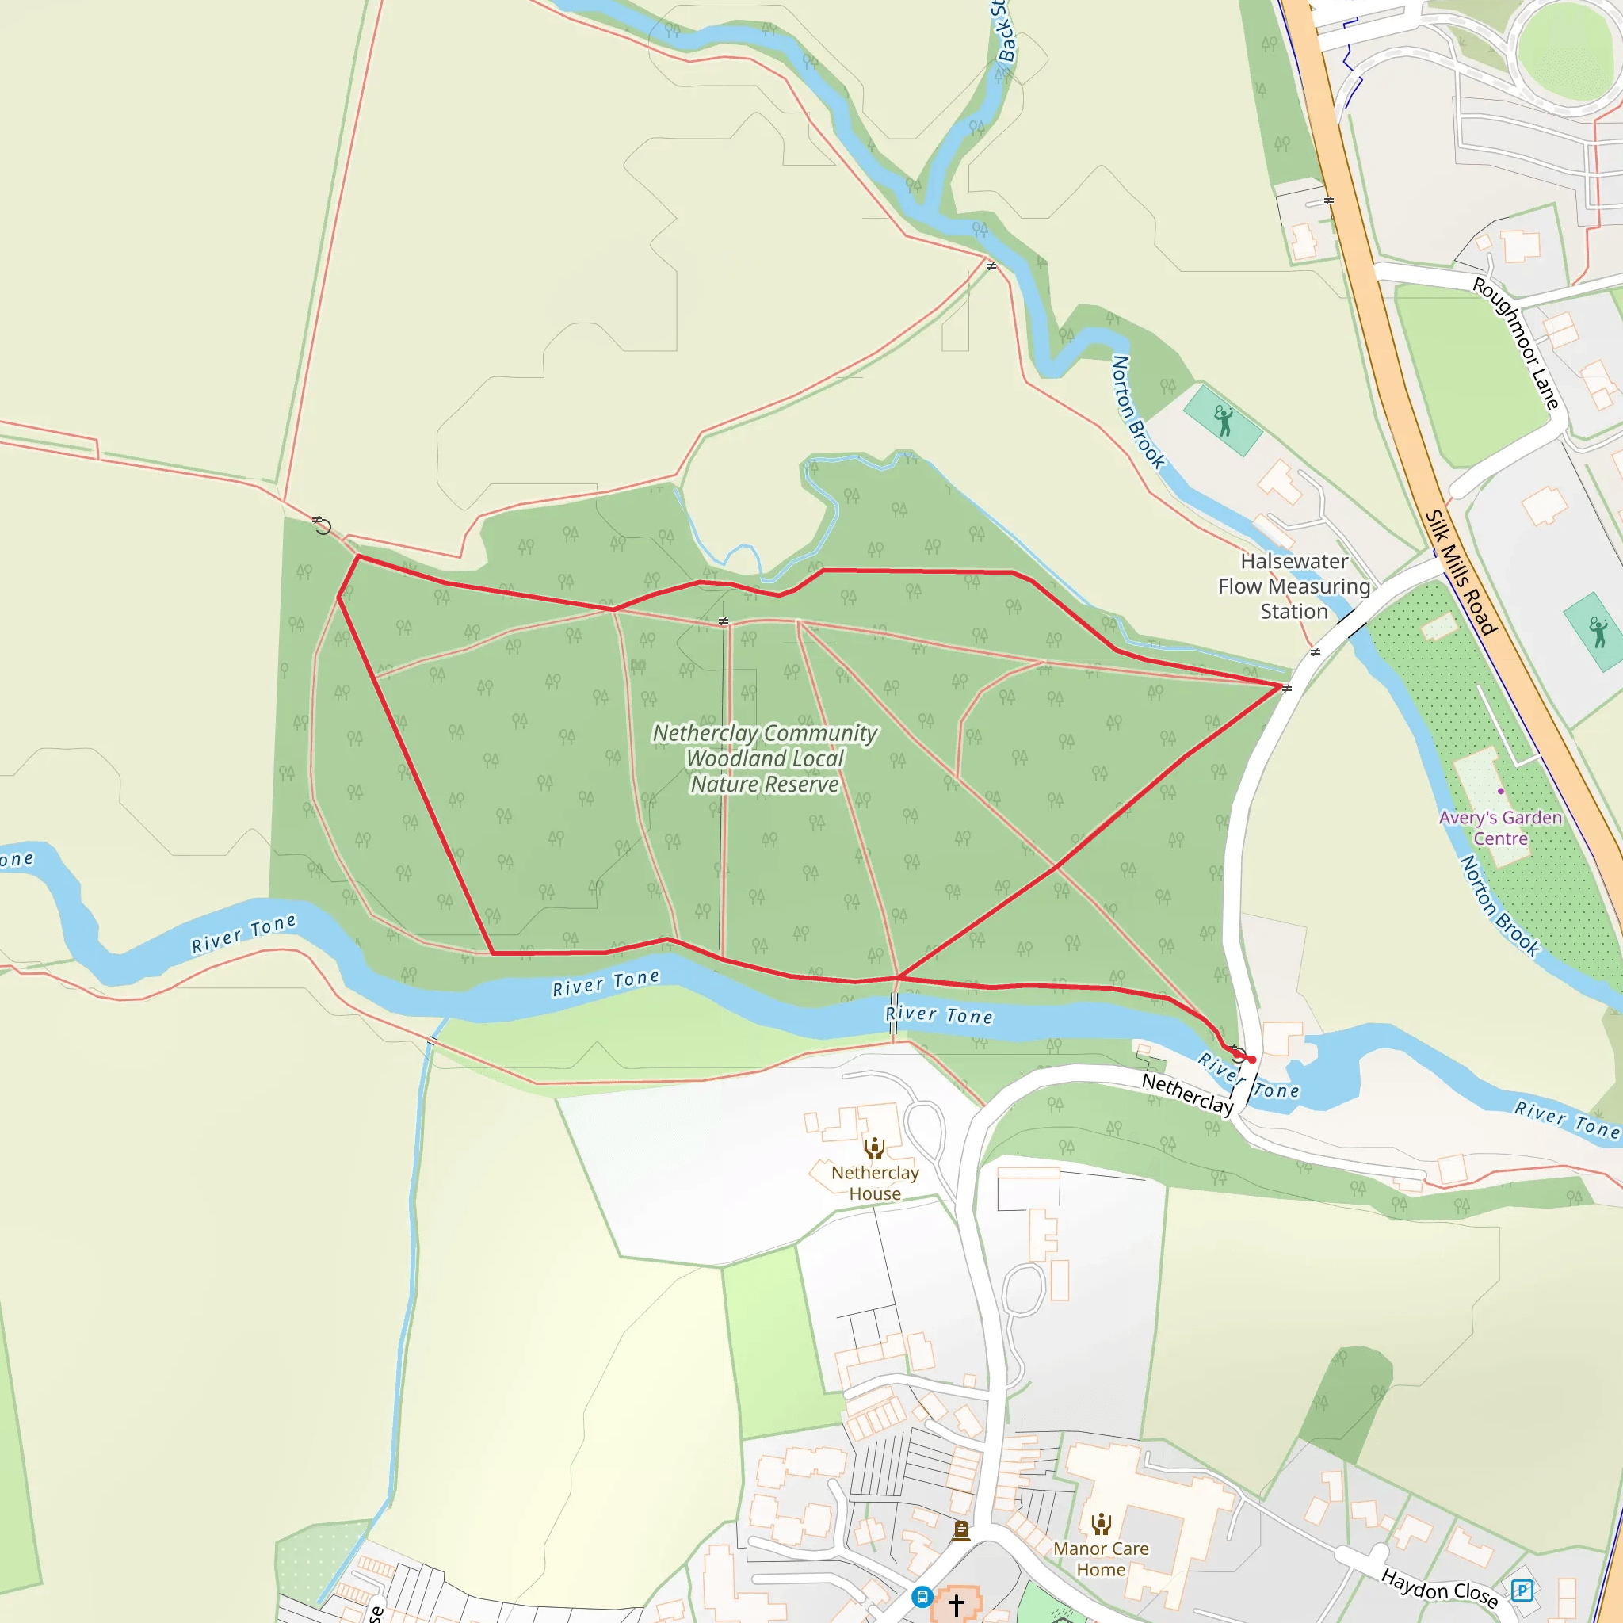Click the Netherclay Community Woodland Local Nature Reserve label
click(x=765, y=758)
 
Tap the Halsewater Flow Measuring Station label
click(x=1293, y=586)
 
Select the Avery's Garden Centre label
click(x=1500, y=827)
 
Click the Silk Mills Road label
click(x=1461, y=572)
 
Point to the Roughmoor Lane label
click(x=1516, y=344)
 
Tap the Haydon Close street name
click(x=1440, y=1587)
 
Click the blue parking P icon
click(x=1522, y=1590)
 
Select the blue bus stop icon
click(x=922, y=1596)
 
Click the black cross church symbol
click(x=956, y=1605)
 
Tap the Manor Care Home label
click(x=1101, y=1558)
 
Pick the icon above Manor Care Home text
click(x=1101, y=1523)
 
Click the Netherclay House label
click(x=875, y=1183)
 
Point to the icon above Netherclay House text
click(x=875, y=1148)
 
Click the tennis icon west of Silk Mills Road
click(x=1223, y=420)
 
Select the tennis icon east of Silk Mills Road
click(x=1598, y=632)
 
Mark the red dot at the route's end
click(x=1251, y=1060)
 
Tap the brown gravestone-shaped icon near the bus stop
click(x=961, y=1531)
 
